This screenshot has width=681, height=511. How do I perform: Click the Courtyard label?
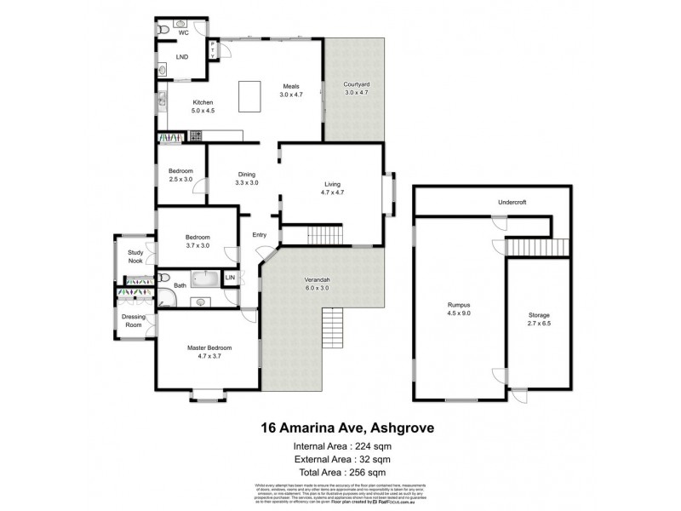[x=356, y=85]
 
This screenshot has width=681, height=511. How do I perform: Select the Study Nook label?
[x=136, y=256]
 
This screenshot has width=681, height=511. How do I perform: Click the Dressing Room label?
[x=134, y=321]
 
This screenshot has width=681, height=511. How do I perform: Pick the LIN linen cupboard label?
[x=229, y=278]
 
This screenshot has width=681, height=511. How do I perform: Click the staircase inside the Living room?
[x=323, y=235]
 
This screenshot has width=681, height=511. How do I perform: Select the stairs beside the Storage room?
[x=537, y=246]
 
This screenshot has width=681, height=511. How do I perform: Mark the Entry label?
[x=260, y=236]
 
